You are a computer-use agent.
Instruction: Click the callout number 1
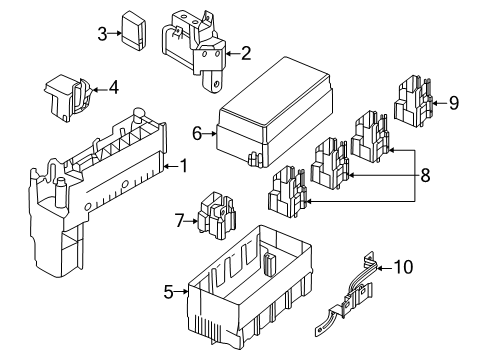[182, 165]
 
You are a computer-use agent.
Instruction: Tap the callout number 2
[245, 53]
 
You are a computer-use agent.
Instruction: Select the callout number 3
[102, 35]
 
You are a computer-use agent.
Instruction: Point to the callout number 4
[113, 87]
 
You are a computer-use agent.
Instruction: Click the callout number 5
[167, 292]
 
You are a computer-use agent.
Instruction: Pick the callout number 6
[197, 131]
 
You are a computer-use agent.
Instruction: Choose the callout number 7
[180, 219]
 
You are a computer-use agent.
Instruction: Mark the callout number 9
[455, 101]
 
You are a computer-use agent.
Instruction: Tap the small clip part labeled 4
[67, 95]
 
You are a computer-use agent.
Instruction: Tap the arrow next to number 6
[211, 131]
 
